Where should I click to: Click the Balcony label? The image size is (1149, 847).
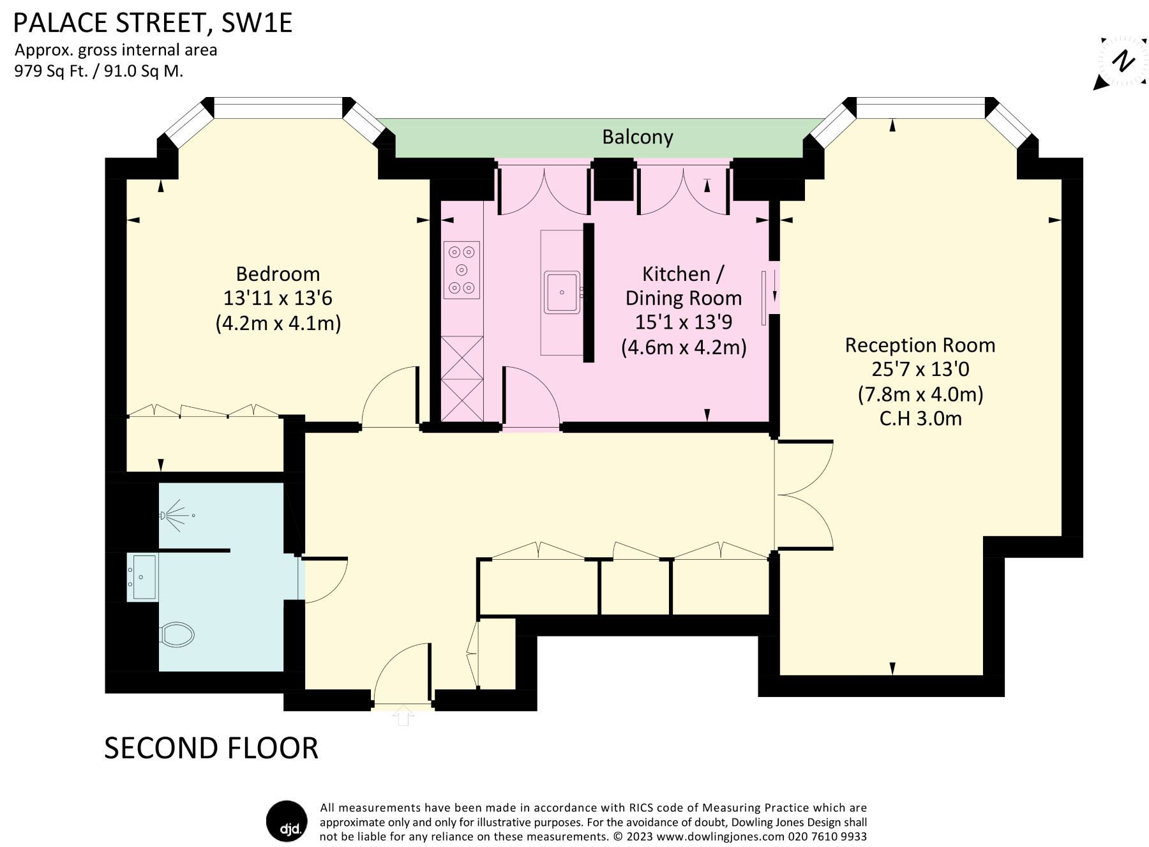637,137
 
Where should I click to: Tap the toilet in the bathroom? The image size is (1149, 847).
177,634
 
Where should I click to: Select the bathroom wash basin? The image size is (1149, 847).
144,577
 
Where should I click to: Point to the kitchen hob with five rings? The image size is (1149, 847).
462,270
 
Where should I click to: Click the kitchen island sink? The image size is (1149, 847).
562,292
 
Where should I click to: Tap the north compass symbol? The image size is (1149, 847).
1122,63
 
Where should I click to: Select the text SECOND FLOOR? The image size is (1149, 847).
211,748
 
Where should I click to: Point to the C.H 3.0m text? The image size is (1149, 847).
920,419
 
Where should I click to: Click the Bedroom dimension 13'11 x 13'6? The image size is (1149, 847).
278,298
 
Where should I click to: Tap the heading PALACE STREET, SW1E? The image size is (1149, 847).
153,23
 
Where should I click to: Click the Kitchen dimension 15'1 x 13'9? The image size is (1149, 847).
683,322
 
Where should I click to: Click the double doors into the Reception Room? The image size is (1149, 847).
804,495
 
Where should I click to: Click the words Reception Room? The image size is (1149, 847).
920,345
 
